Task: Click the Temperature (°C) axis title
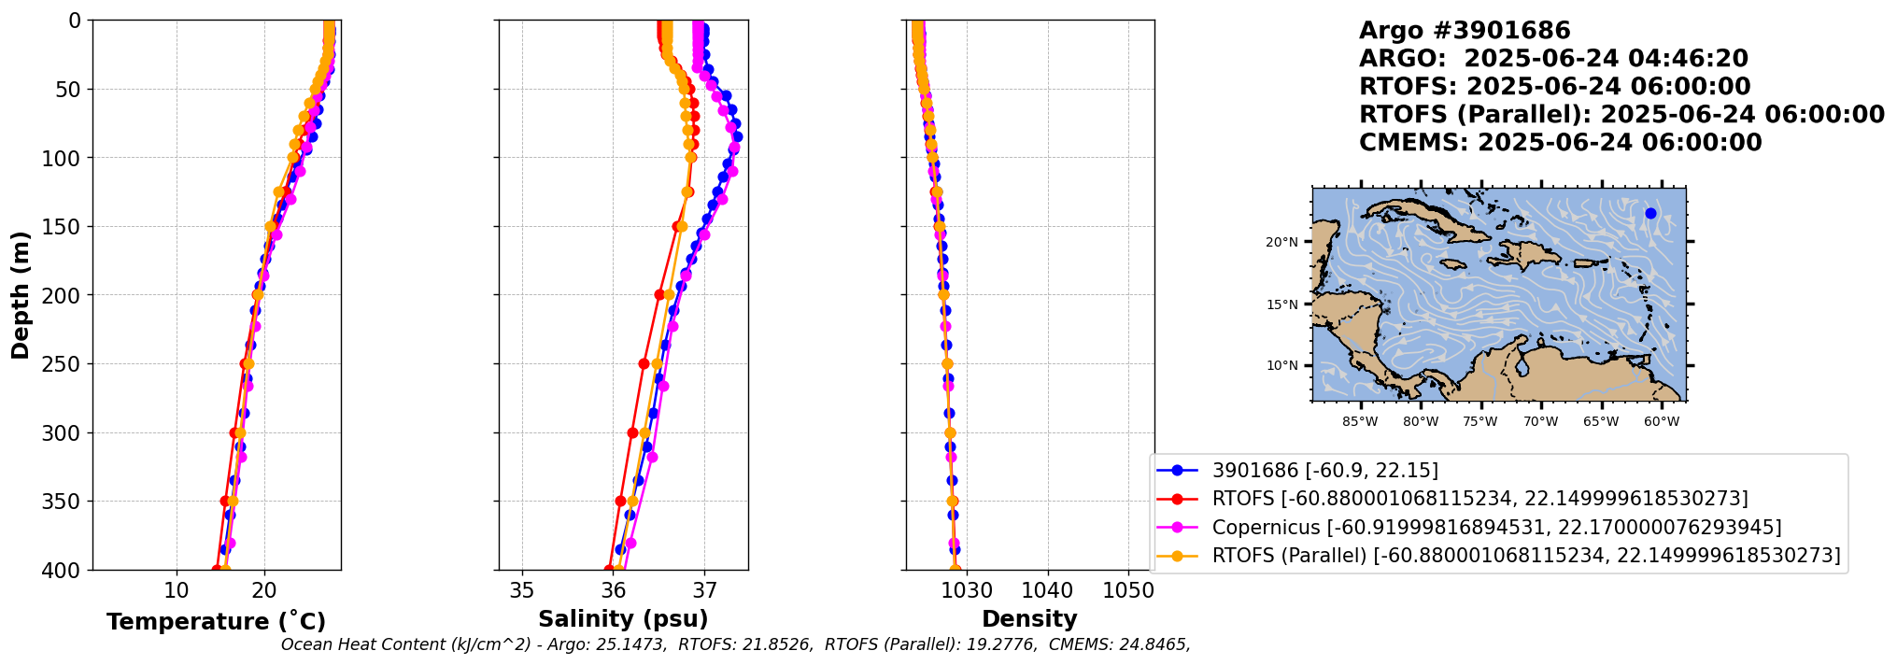216,622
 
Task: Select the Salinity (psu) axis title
623,619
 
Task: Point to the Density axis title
1029,619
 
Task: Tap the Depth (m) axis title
21,295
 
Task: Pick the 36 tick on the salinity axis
614,590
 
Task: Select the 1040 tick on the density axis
1048,590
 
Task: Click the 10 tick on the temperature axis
177,590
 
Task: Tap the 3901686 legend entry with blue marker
1325,471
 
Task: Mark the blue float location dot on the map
1650,214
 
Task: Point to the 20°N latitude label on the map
1281,243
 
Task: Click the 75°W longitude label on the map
1480,422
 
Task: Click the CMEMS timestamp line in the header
1560,143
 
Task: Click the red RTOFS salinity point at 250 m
644,364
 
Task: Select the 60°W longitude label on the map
1662,422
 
